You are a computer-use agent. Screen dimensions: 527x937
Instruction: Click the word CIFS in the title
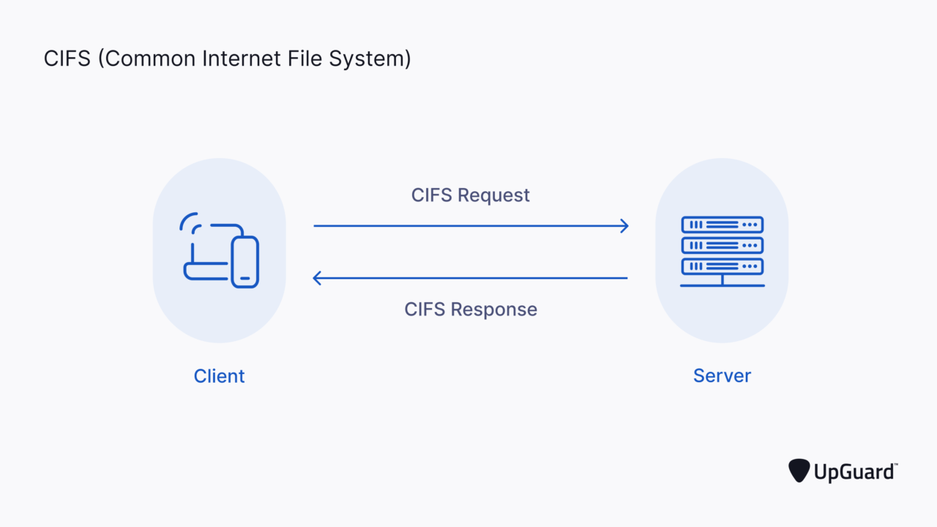click(67, 59)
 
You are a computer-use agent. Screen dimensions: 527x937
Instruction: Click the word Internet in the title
click(236, 59)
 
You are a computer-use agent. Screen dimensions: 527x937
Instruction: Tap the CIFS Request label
click(470, 195)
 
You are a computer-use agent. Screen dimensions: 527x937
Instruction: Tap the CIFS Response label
click(470, 309)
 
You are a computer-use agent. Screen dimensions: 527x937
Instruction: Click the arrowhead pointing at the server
click(624, 226)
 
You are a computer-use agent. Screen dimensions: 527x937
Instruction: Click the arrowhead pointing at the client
click(318, 278)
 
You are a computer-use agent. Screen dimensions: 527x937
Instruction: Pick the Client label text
click(219, 376)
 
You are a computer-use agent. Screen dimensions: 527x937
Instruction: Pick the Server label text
click(722, 376)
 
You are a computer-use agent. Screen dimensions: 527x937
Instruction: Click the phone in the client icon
click(244, 261)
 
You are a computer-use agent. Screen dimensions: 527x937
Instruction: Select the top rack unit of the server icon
click(722, 225)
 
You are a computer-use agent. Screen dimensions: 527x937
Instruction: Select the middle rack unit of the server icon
click(722, 245)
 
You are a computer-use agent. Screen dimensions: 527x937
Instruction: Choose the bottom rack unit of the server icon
click(722, 266)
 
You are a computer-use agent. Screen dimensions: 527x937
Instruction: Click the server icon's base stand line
click(722, 285)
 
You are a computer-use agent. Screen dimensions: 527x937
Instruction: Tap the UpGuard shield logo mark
click(799, 471)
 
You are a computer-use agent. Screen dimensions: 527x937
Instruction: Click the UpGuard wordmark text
click(854, 472)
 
